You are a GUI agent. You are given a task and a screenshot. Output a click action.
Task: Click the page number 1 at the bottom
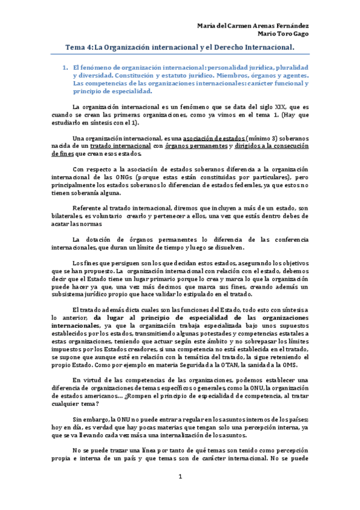tap(180, 477)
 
